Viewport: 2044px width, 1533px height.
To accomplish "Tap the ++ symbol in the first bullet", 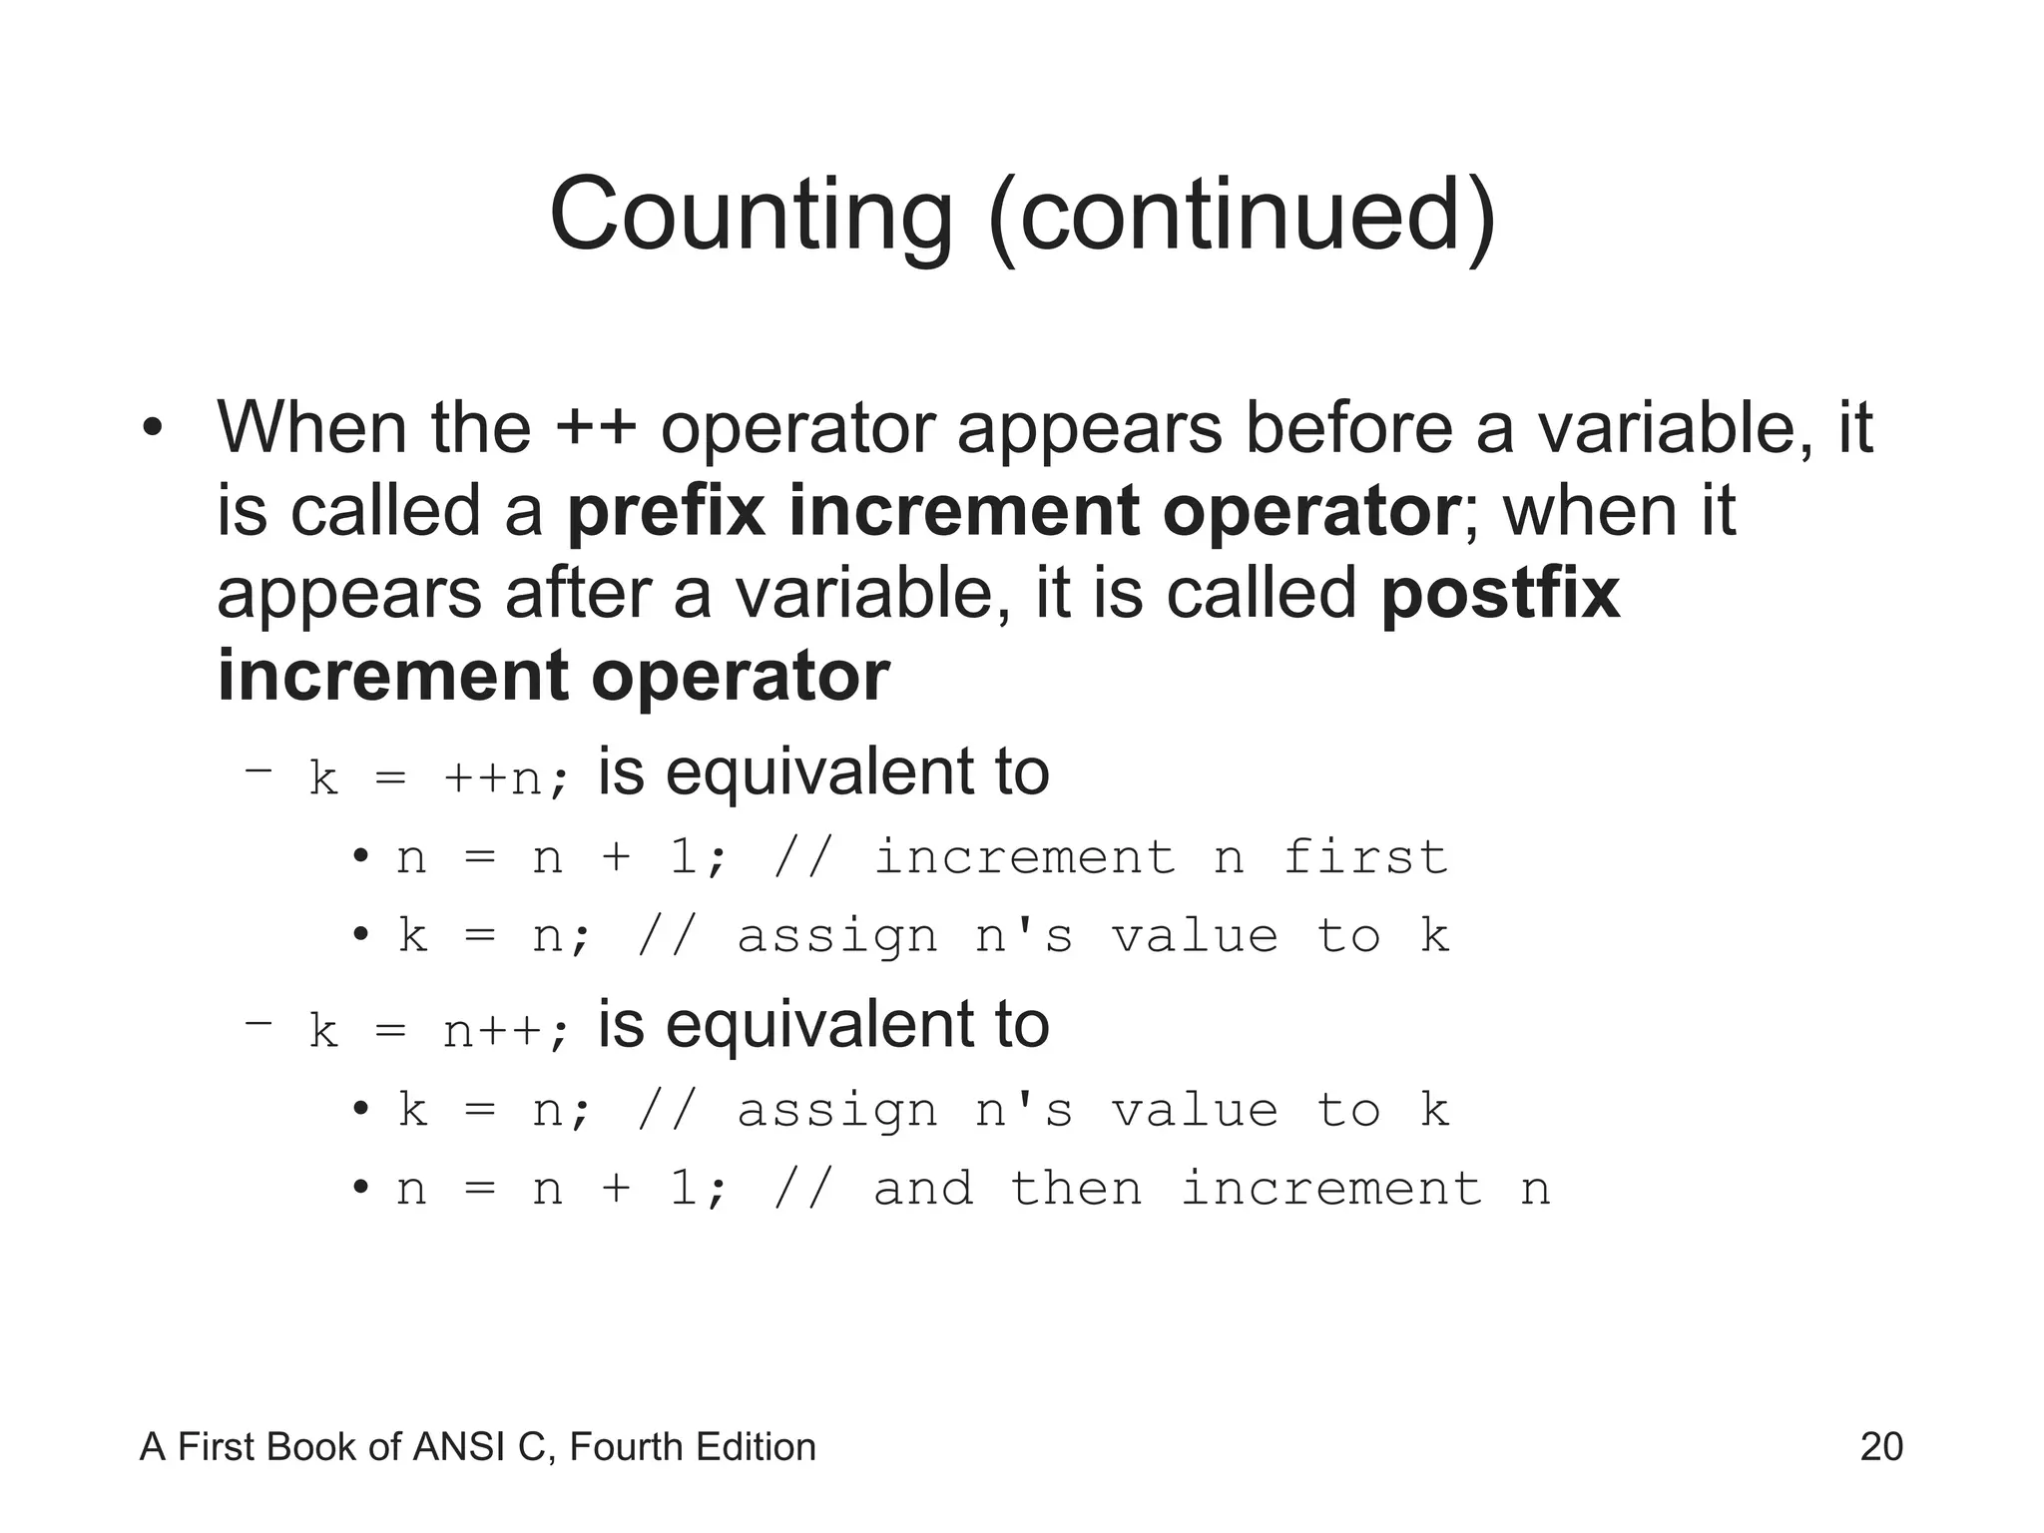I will point(596,428).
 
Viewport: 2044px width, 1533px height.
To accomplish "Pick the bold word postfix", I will point(1500,593).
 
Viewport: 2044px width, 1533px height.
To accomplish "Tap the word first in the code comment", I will point(1364,857).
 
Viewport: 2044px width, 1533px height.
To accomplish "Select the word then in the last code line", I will point(1076,1189).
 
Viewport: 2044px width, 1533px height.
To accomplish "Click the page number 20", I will point(1881,1447).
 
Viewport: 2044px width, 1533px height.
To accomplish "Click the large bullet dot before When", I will point(151,430).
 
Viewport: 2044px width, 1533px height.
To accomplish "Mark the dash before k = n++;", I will point(257,1023).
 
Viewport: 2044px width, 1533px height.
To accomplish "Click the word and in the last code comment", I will point(923,1189).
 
